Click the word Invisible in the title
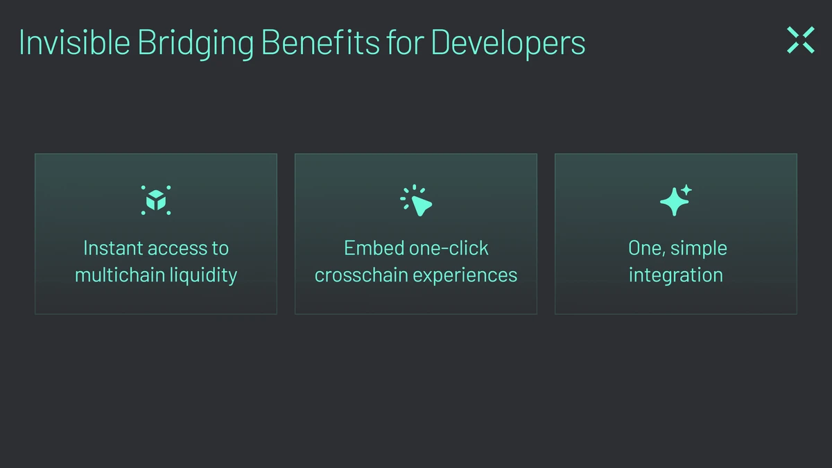(75, 42)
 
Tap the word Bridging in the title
(196, 44)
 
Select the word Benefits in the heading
(320, 42)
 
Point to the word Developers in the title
(508, 44)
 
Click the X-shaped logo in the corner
(801, 40)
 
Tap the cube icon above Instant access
(156, 200)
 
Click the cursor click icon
(416, 200)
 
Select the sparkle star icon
(675, 200)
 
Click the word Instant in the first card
(113, 248)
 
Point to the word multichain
(120, 275)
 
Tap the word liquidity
(203, 276)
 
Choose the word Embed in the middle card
(374, 248)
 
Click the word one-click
(449, 248)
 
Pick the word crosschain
(361, 275)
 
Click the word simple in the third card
(699, 249)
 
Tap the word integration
(675, 276)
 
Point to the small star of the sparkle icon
(686, 190)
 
